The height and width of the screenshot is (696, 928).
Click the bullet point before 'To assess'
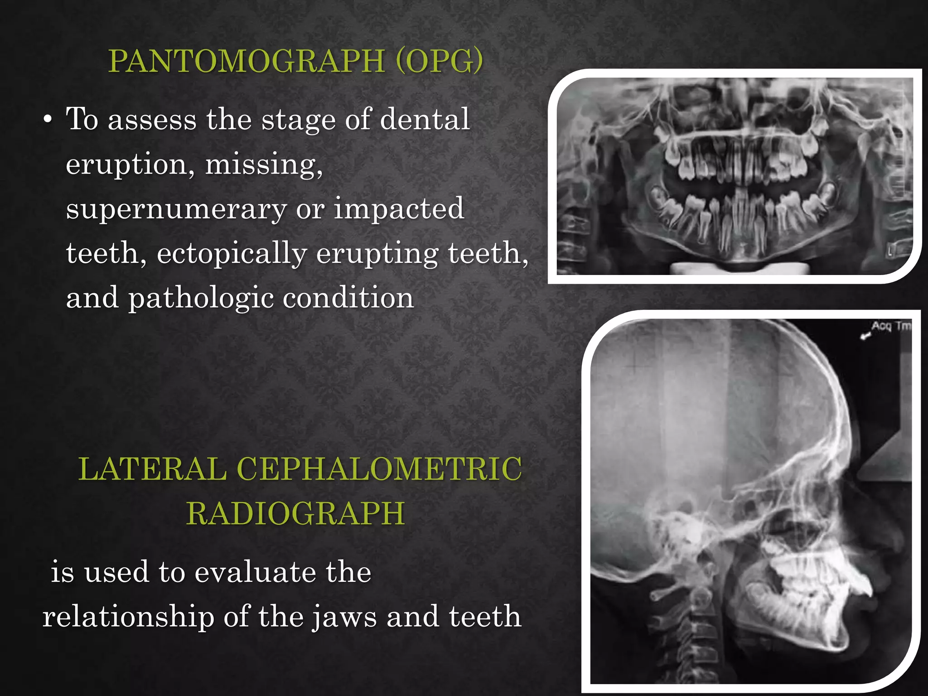[48, 121]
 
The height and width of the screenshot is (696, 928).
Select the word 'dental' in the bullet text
[425, 119]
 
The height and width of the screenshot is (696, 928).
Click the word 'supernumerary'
[176, 209]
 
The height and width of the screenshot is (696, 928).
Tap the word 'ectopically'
[232, 253]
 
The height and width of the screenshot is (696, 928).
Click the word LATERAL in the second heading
[152, 469]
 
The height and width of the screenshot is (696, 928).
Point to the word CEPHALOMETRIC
[379, 469]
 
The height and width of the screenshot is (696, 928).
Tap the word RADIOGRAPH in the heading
[295, 513]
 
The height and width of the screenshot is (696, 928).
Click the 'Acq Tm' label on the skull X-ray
[891, 326]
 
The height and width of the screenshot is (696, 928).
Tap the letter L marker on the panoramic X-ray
[889, 252]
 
